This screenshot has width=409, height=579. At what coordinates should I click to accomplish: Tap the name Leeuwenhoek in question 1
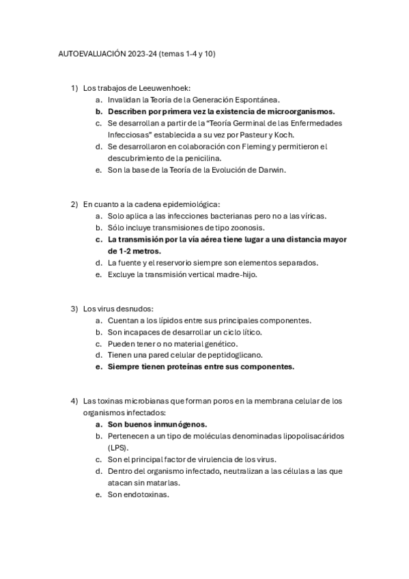click(165, 88)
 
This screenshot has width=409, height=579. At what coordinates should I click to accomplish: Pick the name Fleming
click(258, 146)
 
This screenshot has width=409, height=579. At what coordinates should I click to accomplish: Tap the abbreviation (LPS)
click(117, 447)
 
